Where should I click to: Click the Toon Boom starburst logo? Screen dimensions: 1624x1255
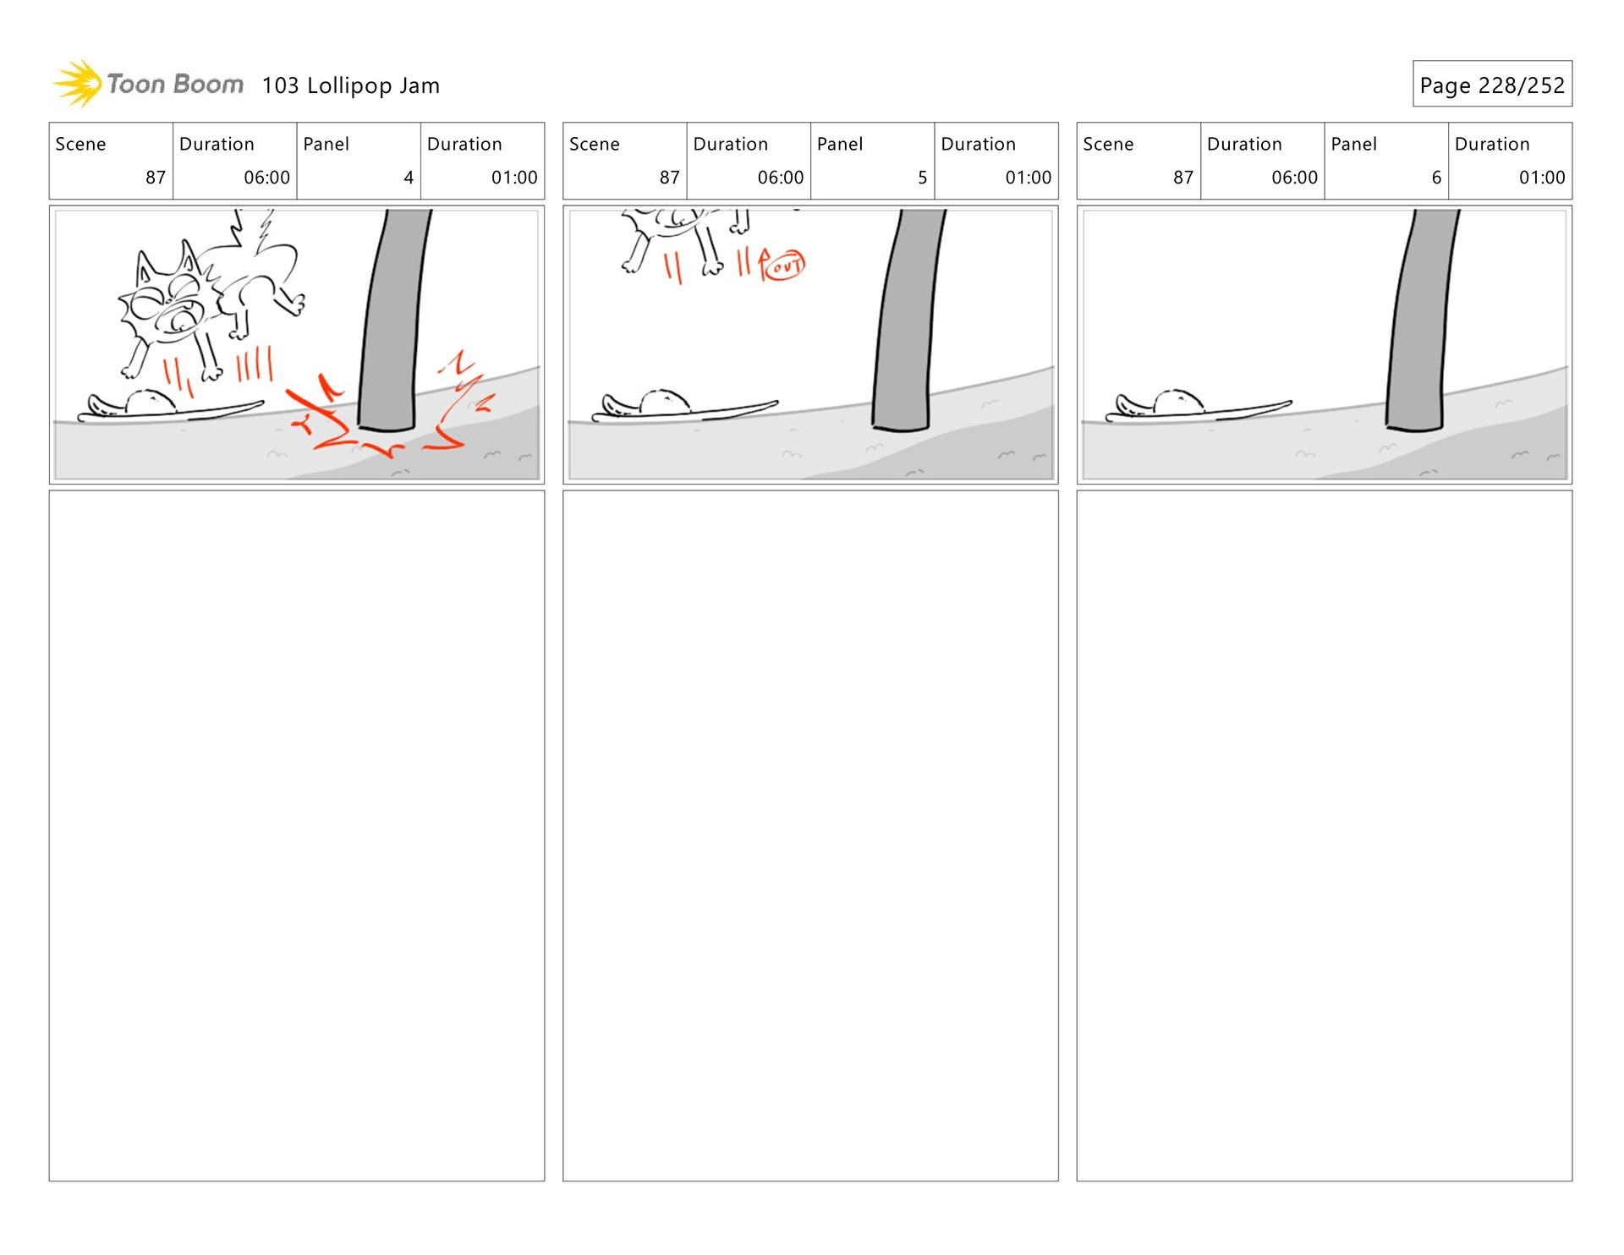click(x=78, y=84)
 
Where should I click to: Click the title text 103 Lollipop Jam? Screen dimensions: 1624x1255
click(x=350, y=85)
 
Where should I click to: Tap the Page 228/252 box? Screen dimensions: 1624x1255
click(x=1492, y=84)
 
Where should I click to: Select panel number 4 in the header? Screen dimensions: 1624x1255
click(x=409, y=178)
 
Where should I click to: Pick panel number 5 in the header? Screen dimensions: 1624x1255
click(x=922, y=178)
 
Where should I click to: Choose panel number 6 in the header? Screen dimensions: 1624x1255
click(x=1436, y=178)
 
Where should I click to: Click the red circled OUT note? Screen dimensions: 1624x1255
click(x=784, y=266)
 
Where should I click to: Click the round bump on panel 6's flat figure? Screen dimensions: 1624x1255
click(x=1178, y=401)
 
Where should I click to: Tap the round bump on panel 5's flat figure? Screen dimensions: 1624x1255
click(x=665, y=401)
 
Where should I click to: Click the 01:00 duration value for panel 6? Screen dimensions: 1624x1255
click(x=1541, y=178)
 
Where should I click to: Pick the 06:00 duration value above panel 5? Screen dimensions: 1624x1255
click(x=780, y=178)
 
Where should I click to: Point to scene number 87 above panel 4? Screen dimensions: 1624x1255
click(x=156, y=178)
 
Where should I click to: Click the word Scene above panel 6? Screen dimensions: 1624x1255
click(x=1108, y=144)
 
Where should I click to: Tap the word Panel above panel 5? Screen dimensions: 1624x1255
click(x=840, y=144)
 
